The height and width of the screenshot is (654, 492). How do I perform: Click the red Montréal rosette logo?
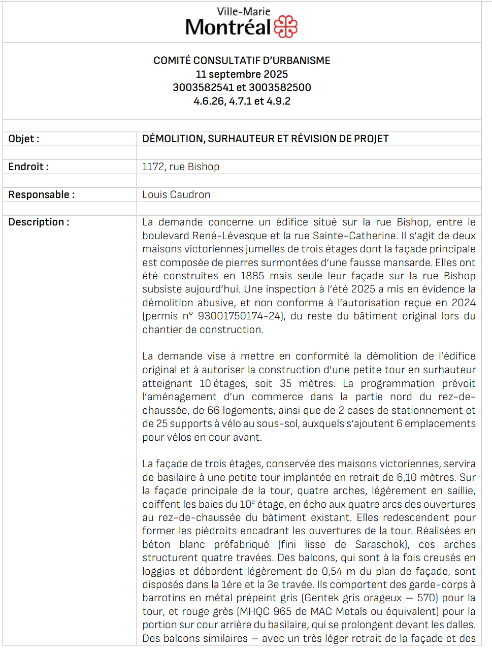(285, 27)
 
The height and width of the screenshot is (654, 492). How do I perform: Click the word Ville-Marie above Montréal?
(243, 11)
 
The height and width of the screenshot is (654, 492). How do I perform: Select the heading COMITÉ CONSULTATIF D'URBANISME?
(242, 60)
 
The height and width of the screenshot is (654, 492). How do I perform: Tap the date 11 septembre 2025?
(242, 74)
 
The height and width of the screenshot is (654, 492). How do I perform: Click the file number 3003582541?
(203, 87)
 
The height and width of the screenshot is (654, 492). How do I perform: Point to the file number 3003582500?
(280, 87)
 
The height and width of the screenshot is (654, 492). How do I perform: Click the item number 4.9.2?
(278, 101)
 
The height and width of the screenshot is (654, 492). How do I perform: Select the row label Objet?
(23, 139)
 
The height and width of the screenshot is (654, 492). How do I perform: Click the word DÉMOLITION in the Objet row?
(173, 139)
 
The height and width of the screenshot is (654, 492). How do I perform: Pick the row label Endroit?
(28, 167)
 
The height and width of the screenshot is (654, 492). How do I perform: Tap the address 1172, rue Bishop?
(181, 167)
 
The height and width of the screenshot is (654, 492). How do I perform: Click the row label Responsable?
(41, 194)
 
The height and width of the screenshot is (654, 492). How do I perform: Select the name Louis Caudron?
(176, 194)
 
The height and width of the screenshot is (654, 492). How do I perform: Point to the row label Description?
(39, 222)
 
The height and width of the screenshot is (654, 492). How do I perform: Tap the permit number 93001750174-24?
(240, 316)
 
